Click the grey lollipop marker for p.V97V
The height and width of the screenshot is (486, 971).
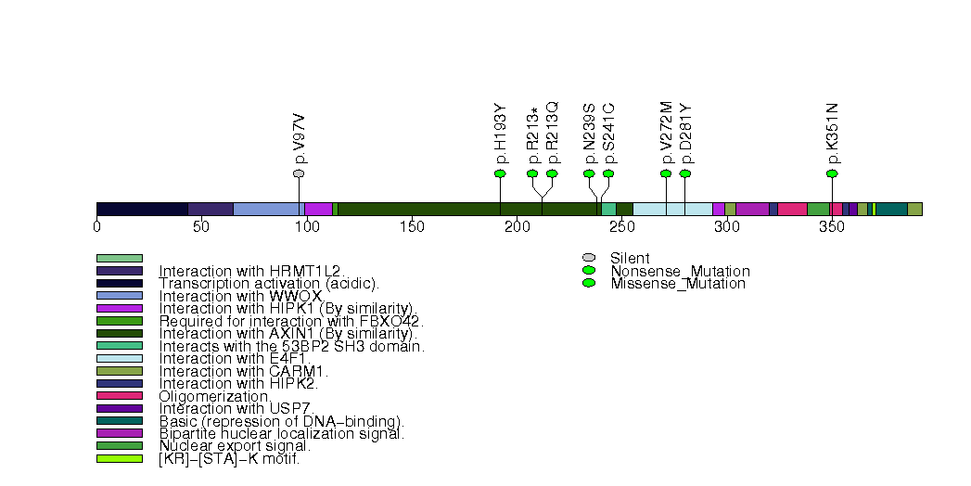tap(299, 173)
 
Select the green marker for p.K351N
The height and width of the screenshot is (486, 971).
tap(832, 173)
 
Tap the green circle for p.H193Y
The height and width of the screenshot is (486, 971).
tap(500, 173)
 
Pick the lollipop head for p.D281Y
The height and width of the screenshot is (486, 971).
tap(685, 173)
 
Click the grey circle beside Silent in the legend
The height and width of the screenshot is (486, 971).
tap(588, 258)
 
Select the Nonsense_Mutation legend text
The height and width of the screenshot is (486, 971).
tap(680, 271)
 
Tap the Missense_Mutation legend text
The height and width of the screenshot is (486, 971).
tap(678, 284)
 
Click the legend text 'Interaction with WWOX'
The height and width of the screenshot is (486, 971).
tap(240, 296)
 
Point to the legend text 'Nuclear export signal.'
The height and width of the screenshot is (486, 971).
tap(235, 446)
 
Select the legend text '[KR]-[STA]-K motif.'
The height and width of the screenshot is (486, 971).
tap(229, 458)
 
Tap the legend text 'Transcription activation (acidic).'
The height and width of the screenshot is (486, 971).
tap(269, 283)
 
